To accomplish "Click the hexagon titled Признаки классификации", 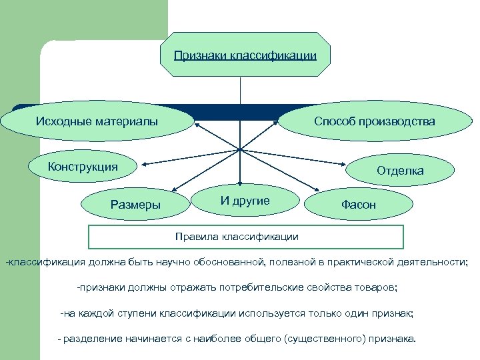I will [245, 55].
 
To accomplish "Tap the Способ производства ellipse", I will [375, 121].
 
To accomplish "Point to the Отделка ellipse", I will [400, 171].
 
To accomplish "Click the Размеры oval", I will [135, 205].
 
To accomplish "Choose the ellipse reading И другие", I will [245, 201].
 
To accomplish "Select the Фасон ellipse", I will [358, 205].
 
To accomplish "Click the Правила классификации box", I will [246, 237].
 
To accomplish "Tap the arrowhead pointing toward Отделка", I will [351, 169].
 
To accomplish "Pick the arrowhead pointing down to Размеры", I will [173, 189].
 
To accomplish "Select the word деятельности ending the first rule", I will [435, 263].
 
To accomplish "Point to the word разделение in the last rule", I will [93, 339].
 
